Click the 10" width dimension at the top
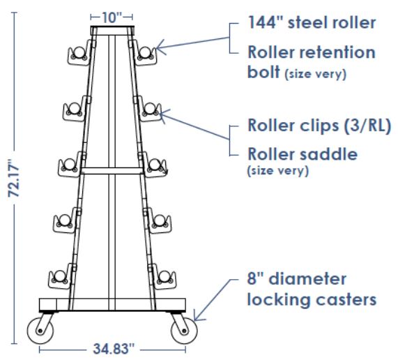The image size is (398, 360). pyautogui.click(x=112, y=17)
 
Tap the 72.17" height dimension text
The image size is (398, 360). pyautogui.click(x=14, y=178)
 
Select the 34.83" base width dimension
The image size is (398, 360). pyautogui.click(x=114, y=349)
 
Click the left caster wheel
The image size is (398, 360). pyautogui.click(x=40, y=331)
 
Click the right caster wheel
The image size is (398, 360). pyautogui.click(x=184, y=331)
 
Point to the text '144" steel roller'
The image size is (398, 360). pyautogui.click(x=312, y=22)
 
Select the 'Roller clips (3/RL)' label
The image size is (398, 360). pyautogui.click(x=319, y=126)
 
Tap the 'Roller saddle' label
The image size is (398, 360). pyautogui.click(x=303, y=154)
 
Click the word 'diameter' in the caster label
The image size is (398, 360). pyautogui.click(x=307, y=279)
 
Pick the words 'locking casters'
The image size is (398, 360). pyautogui.click(x=312, y=300)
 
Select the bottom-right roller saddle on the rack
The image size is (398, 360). pyautogui.click(x=164, y=277)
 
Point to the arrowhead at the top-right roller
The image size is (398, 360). pyautogui.click(x=160, y=47)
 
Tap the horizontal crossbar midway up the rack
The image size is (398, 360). pyautogui.click(x=112, y=171)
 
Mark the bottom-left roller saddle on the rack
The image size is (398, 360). pyautogui.click(x=60, y=277)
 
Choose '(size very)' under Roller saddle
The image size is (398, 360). pyautogui.click(x=278, y=171)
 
